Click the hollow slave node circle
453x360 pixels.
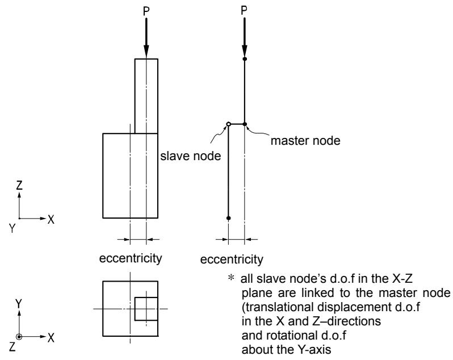[x=228, y=124]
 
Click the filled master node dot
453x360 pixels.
[x=245, y=124]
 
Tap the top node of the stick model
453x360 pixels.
[x=245, y=59]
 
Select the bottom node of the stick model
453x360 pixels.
[x=228, y=218]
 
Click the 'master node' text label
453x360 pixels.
[x=305, y=141]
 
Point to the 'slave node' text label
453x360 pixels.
[x=191, y=156]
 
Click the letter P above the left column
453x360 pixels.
[x=146, y=11]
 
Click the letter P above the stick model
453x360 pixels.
[x=244, y=11]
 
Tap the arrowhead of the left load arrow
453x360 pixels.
[x=146, y=52]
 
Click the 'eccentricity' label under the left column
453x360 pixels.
[x=131, y=258]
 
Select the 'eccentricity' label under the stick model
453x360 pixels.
[x=232, y=259]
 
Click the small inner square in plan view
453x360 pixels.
[x=146, y=308]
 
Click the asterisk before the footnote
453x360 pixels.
[x=231, y=278]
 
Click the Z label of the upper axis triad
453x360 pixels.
[x=19, y=185]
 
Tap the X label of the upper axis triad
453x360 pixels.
[x=51, y=220]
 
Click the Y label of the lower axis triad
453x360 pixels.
[x=19, y=303]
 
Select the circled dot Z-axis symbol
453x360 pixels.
[x=19, y=337]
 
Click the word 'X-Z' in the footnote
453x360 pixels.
[x=402, y=279]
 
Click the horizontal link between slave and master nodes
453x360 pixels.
[x=237, y=124]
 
